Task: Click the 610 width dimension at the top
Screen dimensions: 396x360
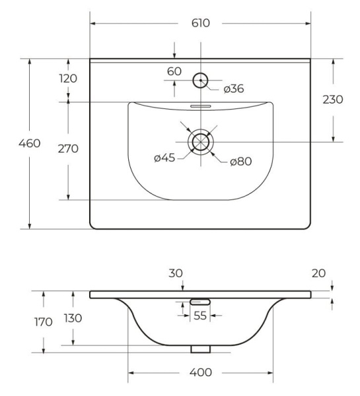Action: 201,23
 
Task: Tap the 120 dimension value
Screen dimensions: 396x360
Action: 67,79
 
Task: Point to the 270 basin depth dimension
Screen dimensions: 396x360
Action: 67,148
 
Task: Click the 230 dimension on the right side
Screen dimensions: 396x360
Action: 333,100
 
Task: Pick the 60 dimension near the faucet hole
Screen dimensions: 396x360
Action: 174,71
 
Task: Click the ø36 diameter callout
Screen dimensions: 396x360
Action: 234,88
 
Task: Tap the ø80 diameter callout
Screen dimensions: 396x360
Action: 242,162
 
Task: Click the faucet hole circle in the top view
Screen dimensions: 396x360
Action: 200,81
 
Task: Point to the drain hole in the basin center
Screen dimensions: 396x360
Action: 199,142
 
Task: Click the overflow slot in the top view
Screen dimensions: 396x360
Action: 199,105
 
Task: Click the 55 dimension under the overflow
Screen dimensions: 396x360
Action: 200,316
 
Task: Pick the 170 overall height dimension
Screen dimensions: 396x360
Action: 43,323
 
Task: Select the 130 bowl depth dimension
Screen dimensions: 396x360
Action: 73,318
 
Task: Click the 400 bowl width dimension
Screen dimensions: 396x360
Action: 200,373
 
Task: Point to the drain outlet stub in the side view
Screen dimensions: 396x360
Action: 200,348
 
